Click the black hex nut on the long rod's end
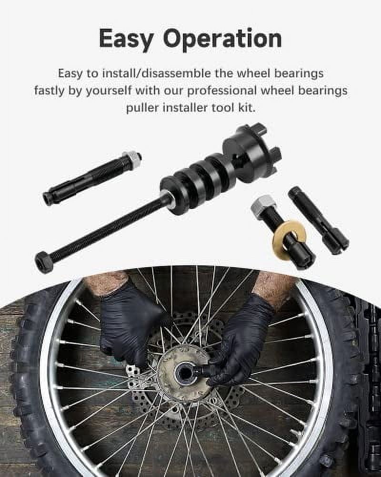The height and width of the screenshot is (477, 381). (x=44, y=261)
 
